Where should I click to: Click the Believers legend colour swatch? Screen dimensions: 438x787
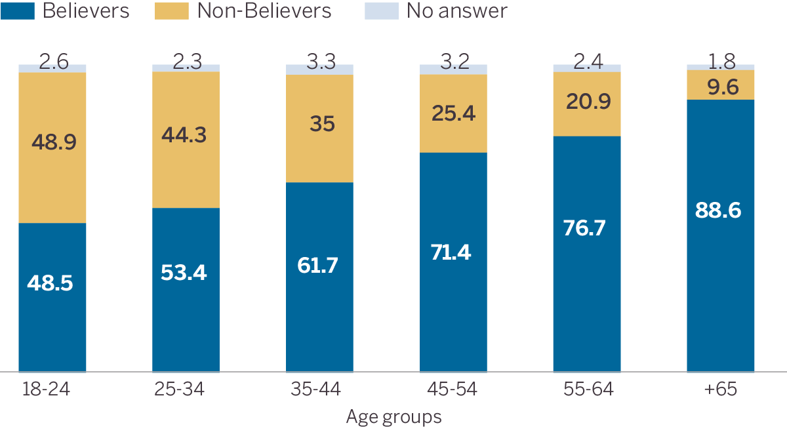[x=18, y=10]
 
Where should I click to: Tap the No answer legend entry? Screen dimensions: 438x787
[x=456, y=10]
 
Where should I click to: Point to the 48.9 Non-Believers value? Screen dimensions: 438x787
[x=52, y=142]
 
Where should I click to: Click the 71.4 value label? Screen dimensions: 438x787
[x=453, y=251]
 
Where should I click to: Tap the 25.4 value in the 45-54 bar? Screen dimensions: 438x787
[x=453, y=113]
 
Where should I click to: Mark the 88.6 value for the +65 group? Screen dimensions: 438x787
[x=720, y=211]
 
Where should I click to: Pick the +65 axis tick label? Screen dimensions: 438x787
[x=720, y=389]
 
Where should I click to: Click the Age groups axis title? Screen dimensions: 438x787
[x=393, y=417]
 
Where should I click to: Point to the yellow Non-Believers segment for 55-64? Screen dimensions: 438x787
[x=587, y=104]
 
